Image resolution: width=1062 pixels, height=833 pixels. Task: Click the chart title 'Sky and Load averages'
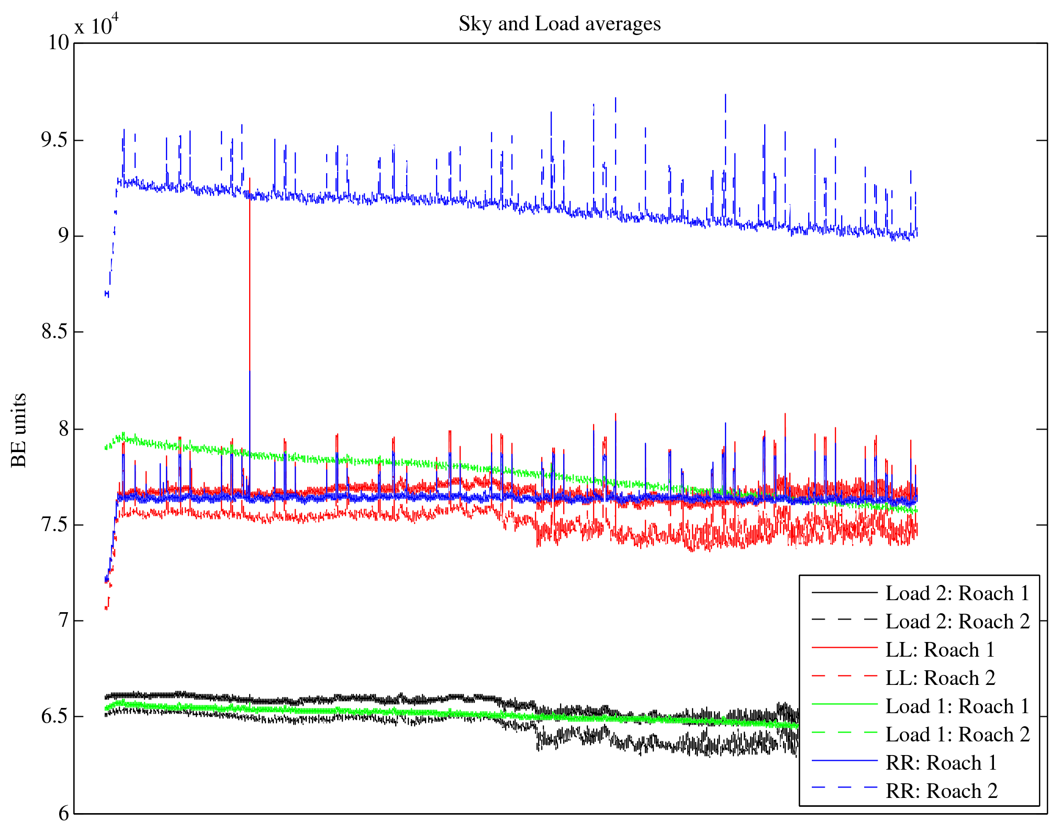[559, 24]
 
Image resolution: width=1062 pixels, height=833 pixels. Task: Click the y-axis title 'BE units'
[19, 430]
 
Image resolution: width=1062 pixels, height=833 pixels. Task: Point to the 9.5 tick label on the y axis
[55, 140]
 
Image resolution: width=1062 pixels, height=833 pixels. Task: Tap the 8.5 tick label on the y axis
[55, 332]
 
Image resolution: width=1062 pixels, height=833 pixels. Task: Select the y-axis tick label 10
[59, 43]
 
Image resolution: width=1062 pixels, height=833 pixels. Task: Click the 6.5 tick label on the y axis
[55, 716]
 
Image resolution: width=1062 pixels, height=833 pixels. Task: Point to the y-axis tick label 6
[63, 813]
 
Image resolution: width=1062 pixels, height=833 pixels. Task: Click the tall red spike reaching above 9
[250, 262]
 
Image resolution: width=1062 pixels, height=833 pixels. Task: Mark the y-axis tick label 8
[63, 429]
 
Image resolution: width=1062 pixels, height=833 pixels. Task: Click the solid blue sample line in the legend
[844, 760]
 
